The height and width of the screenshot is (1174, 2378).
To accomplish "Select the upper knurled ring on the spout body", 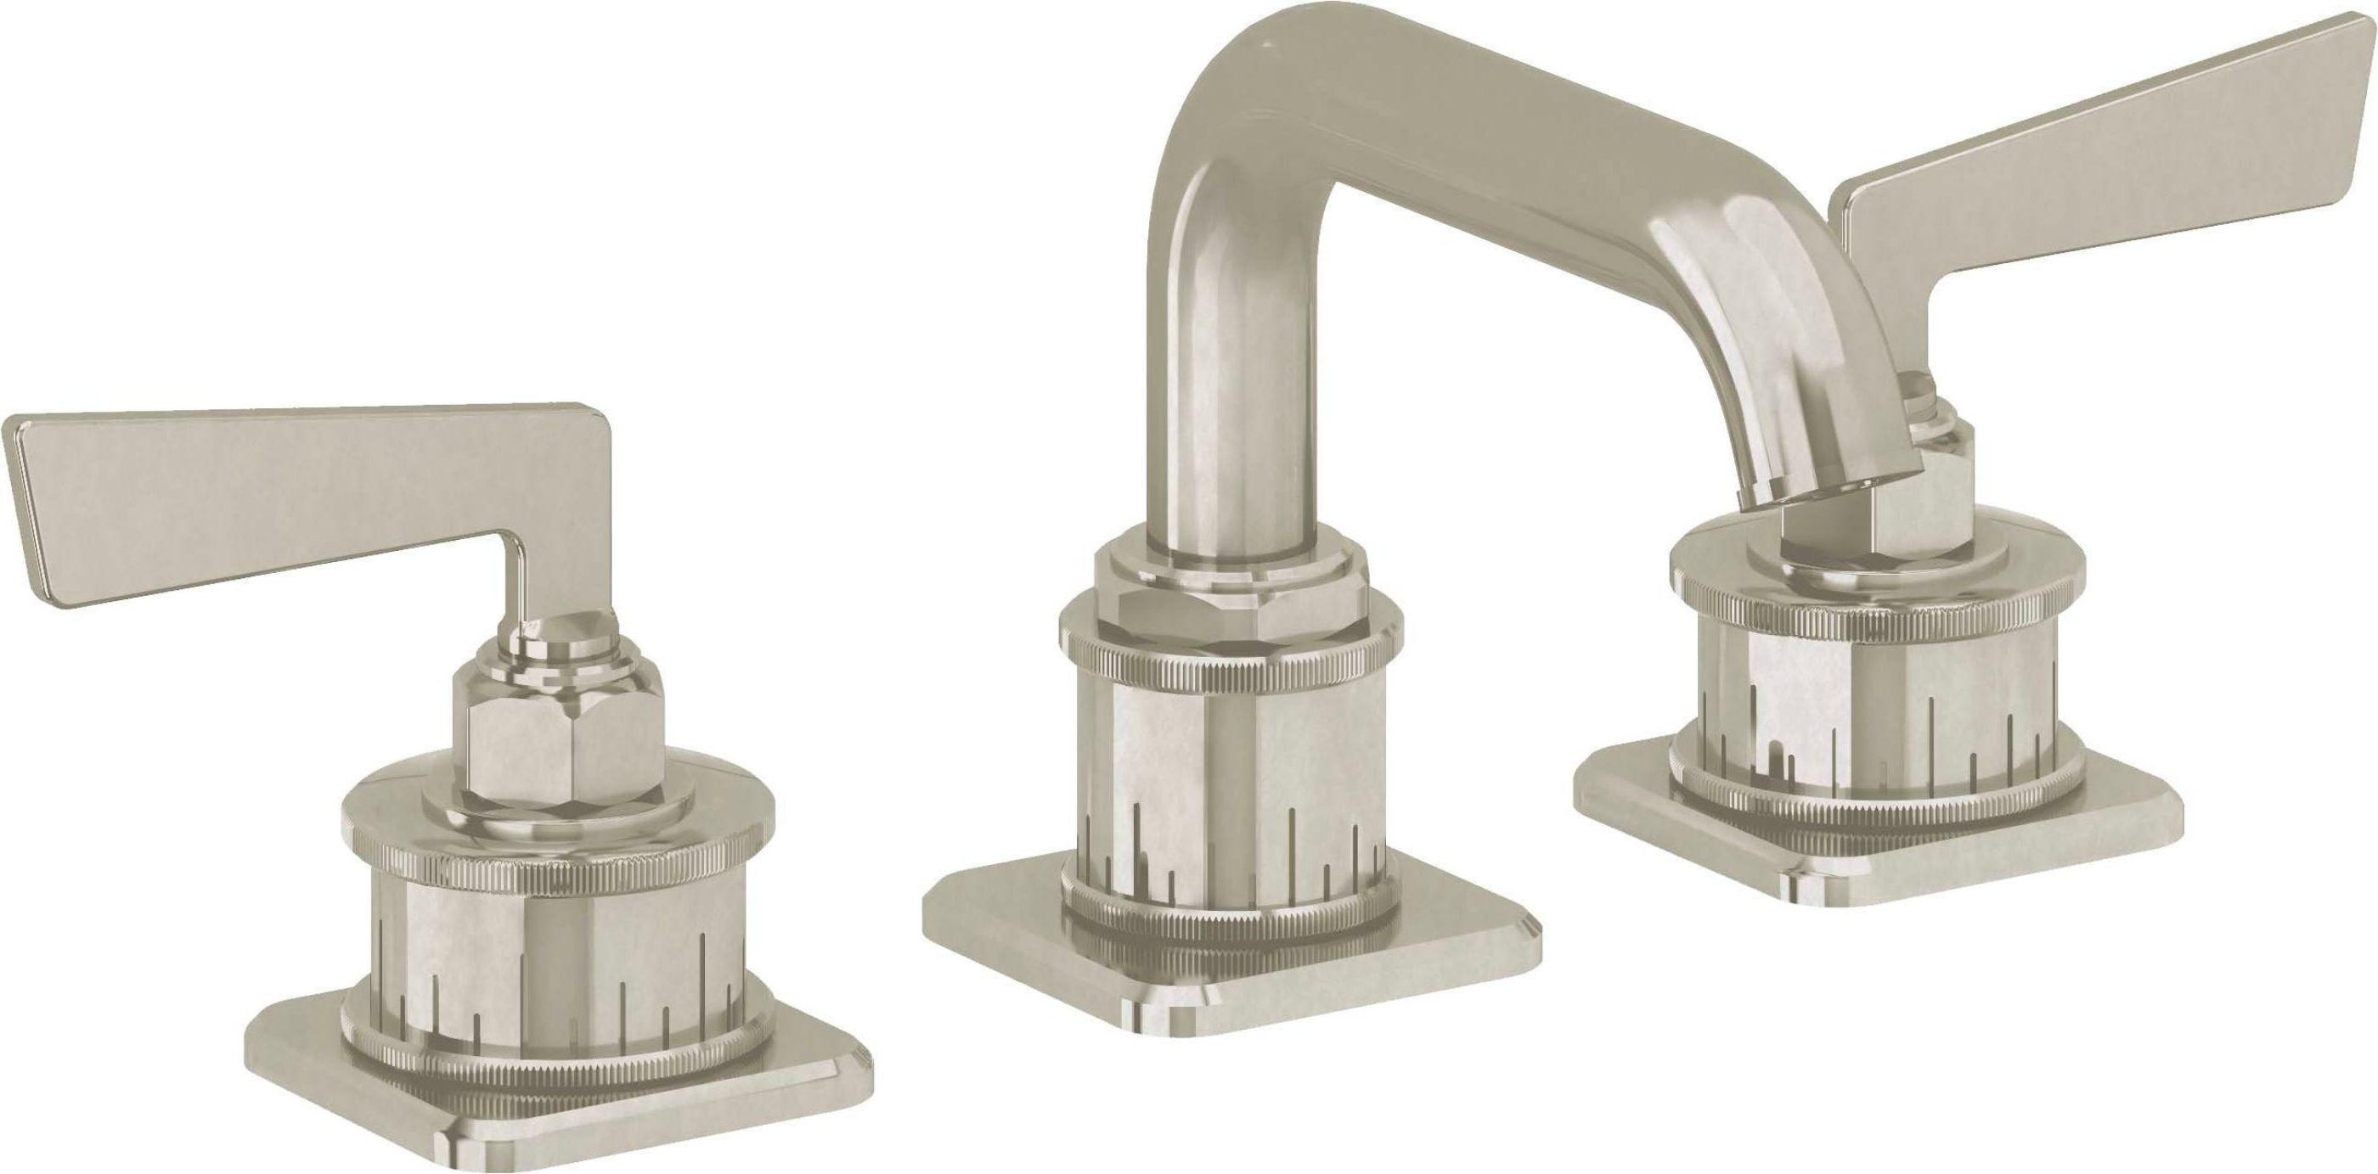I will pyautogui.click(x=1228, y=669).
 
